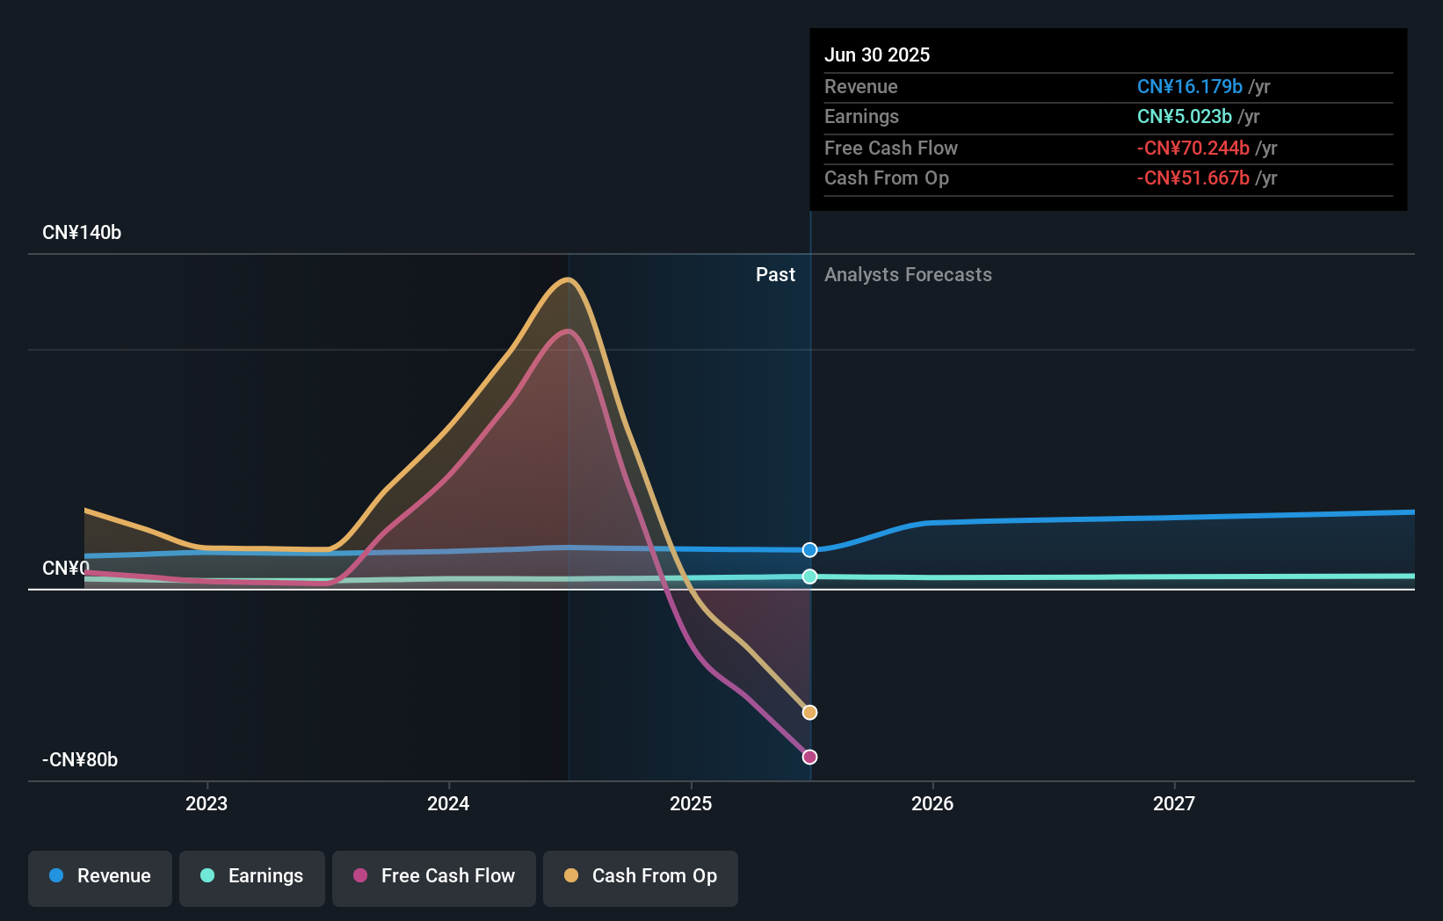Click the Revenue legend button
pos(100,876)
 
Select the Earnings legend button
pos(252,876)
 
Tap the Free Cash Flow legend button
pos(434,876)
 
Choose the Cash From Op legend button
pos(641,876)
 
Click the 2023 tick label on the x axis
pos(207,803)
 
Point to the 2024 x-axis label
pos(448,803)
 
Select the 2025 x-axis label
pos(691,803)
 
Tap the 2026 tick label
pos(932,803)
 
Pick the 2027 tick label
pos(1174,803)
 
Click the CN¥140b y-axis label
pos(82,232)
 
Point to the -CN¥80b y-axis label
pos(80,759)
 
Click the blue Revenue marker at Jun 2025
pos(810,550)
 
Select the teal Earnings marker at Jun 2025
pos(810,577)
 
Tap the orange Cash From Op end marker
pos(810,713)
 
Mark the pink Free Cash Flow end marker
pos(810,757)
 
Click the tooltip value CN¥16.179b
pos(1189,86)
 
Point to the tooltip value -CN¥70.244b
pos(1193,148)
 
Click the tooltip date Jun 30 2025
pos(877,54)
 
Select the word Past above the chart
pos(775,274)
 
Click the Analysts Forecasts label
pos(908,274)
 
